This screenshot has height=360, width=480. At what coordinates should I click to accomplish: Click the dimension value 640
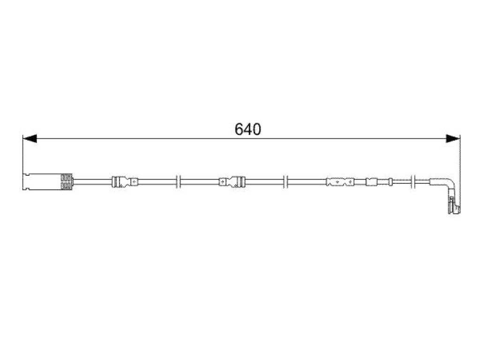click(x=247, y=129)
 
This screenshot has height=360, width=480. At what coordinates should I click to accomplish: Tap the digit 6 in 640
click(x=239, y=129)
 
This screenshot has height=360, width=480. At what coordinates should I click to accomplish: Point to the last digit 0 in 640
click(x=257, y=129)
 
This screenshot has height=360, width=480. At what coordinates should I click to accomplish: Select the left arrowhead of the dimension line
click(x=30, y=138)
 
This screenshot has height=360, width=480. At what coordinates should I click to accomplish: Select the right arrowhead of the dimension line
click(x=453, y=138)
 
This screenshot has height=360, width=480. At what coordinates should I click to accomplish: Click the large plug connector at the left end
click(x=48, y=182)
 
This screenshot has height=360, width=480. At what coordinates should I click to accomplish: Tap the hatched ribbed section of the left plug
click(x=67, y=182)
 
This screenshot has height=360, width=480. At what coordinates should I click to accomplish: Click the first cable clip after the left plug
click(x=125, y=182)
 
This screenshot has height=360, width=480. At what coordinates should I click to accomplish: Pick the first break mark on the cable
click(x=179, y=182)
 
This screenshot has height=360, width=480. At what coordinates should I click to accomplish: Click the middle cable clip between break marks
click(x=232, y=182)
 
